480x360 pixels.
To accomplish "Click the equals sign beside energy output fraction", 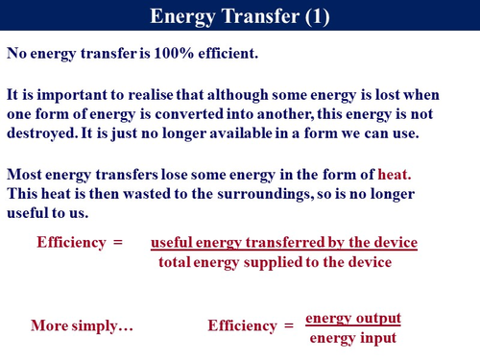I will tap(288, 325).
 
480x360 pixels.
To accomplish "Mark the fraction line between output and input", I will tap(352, 327).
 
